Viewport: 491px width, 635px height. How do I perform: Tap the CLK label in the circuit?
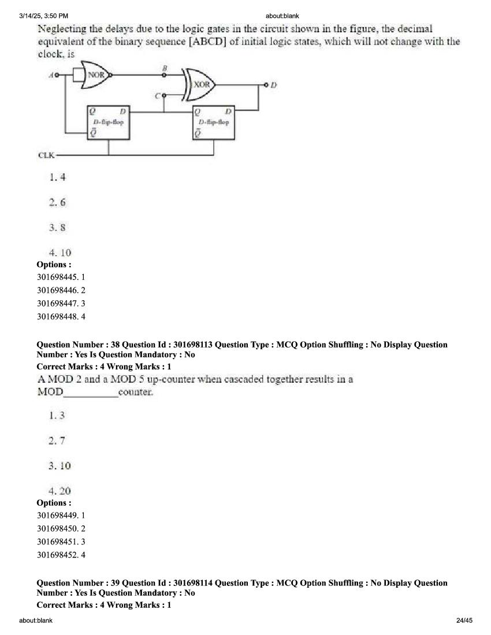46,155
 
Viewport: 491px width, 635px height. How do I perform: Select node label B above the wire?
165,68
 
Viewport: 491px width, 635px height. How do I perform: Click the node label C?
157,96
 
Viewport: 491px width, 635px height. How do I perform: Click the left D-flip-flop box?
108,122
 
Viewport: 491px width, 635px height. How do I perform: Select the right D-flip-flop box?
214,122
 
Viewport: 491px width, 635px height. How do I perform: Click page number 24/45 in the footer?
464,621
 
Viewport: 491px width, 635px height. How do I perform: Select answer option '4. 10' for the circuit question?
59,252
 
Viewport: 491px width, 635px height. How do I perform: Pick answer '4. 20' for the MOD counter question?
59,491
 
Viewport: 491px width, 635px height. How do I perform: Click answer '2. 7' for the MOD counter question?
57,440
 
